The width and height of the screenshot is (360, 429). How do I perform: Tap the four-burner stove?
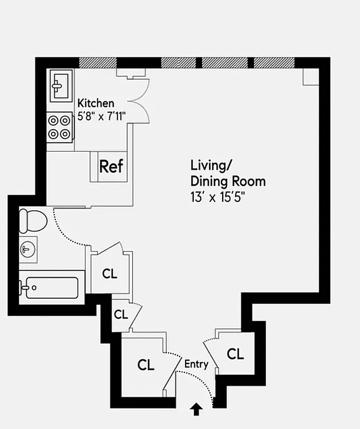(x=60, y=127)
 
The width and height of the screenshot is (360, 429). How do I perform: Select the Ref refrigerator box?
(x=111, y=166)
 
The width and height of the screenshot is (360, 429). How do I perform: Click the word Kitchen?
(x=96, y=103)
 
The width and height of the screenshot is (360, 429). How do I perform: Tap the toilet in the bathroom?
(x=32, y=220)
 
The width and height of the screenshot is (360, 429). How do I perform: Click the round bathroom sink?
(x=28, y=249)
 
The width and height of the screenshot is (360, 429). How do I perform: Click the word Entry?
(x=196, y=364)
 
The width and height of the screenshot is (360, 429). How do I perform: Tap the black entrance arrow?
(x=196, y=410)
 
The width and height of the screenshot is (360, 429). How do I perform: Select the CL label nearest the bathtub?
(x=109, y=273)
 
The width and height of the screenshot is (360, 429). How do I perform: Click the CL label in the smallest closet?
(x=121, y=314)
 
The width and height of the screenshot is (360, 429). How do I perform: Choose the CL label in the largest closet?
(x=145, y=365)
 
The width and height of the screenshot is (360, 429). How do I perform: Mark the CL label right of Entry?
(x=235, y=354)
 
